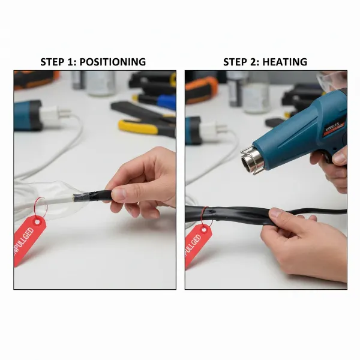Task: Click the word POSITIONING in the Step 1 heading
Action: tap(113, 62)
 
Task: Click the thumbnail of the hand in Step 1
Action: tap(119, 194)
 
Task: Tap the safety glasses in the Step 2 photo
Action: tap(333, 81)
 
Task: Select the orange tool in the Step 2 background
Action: tap(201, 89)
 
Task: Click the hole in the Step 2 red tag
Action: tap(206, 230)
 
